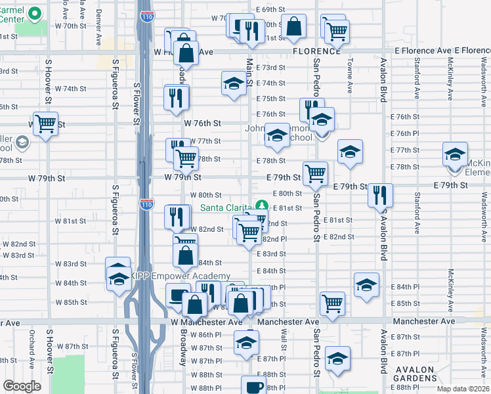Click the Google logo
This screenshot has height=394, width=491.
point(22,386)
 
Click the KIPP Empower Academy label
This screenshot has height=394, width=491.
point(181,276)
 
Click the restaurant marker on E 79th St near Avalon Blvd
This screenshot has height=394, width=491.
point(380,194)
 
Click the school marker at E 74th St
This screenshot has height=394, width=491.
point(233,83)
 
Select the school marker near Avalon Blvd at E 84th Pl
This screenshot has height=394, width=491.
point(366,284)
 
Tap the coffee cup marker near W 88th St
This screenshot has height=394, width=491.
point(253,387)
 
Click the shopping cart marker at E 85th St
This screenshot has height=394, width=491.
point(333,303)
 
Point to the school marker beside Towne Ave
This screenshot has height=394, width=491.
point(350,152)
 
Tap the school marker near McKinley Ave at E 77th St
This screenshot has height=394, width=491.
point(454,154)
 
